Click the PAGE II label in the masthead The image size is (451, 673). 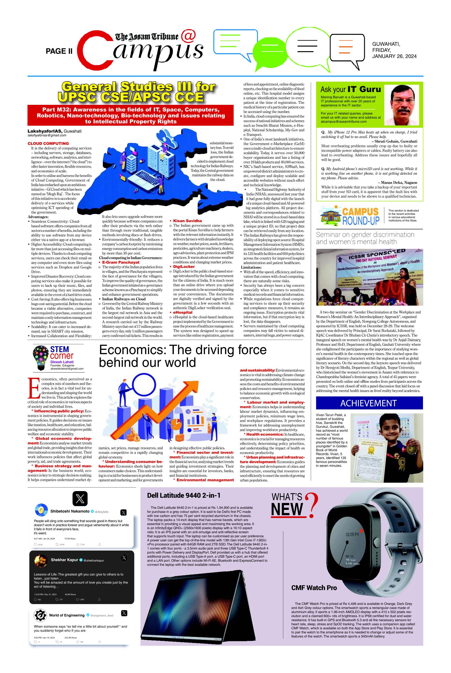tap(59, 51)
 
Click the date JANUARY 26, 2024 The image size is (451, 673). tap(394, 56)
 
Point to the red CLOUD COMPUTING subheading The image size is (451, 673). tap(48, 143)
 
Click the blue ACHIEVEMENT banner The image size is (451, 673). tap(369, 403)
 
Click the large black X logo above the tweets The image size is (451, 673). tap(80, 498)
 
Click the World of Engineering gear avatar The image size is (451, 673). tap(40, 615)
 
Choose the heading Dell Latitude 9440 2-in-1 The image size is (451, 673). tap(184, 495)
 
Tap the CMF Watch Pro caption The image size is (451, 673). tap(314, 588)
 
